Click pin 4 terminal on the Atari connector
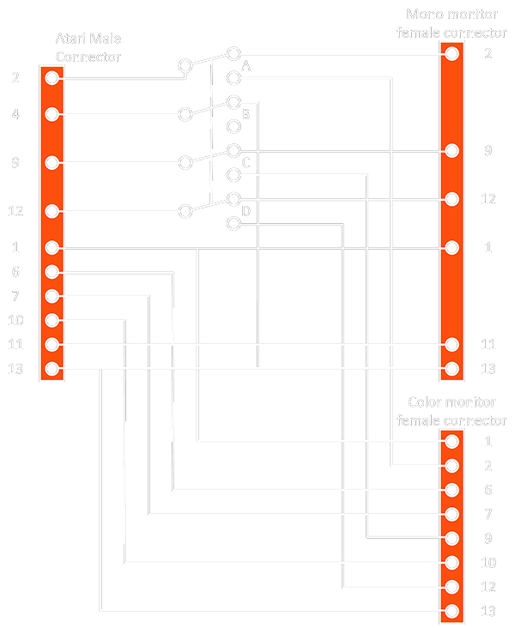pyautogui.click(x=52, y=114)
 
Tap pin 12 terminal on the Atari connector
pyautogui.click(x=52, y=211)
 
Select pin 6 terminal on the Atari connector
pyautogui.click(x=52, y=272)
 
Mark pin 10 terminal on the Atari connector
pyautogui.click(x=52, y=320)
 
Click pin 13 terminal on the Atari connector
pyautogui.click(x=52, y=369)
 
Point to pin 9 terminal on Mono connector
pyautogui.click(x=452, y=150)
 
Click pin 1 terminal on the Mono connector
pyautogui.click(x=452, y=247)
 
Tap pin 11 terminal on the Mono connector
pyautogui.click(x=452, y=344)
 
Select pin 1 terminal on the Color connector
pyautogui.click(x=452, y=442)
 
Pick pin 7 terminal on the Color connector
pyautogui.click(x=452, y=515)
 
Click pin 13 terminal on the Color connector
pyautogui.click(x=452, y=612)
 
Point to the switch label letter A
pyautogui.click(x=246, y=66)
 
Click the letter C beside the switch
pyautogui.click(x=246, y=163)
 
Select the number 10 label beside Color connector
pyautogui.click(x=488, y=563)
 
